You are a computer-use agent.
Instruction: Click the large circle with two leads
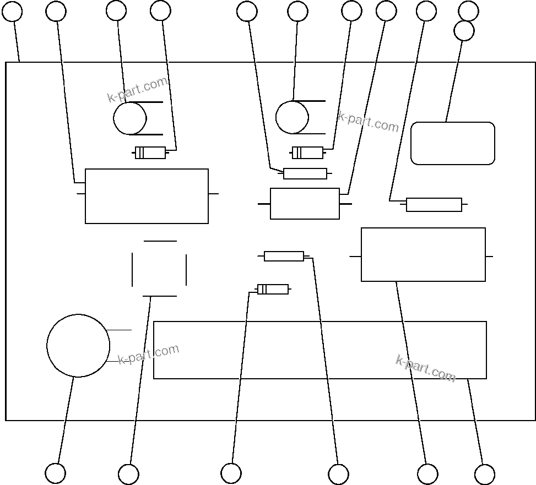pos(78,346)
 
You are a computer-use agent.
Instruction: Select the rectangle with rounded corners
pos(453,143)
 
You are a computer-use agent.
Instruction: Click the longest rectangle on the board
pos(320,350)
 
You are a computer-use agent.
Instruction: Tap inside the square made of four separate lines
pos(159,269)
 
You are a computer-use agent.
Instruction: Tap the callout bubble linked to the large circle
pos(55,473)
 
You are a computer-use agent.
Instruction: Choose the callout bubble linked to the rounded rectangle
pos(464,31)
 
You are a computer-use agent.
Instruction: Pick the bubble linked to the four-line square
pos(128,474)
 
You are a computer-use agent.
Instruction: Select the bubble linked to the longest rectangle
pos(484,474)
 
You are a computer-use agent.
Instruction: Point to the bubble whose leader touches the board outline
pos(12,11)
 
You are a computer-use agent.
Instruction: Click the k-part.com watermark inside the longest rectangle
pos(425,368)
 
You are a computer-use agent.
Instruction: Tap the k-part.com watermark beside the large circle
pos(149,355)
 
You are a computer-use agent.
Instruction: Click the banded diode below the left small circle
pos(150,152)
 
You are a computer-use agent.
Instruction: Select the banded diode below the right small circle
pos(307,152)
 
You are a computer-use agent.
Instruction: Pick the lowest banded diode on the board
pos(273,289)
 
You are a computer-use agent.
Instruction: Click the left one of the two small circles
pos(130,118)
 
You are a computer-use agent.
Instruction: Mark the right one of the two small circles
pos(292,117)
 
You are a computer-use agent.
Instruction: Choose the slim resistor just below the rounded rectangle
pos(434,205)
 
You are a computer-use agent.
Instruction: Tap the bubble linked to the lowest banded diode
pos(231,473)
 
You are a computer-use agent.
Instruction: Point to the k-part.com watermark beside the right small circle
pos(368,122)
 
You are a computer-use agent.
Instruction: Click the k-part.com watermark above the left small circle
pos(137,90)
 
